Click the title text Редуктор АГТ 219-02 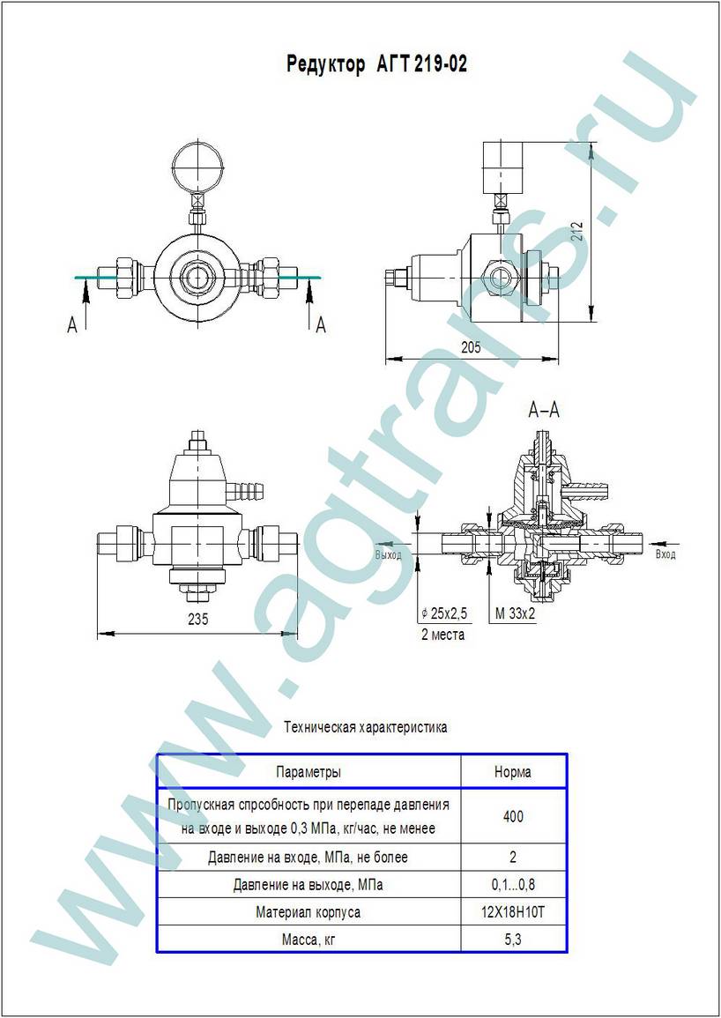point(376,65)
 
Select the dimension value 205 point(471,347)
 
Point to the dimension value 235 point(197,620)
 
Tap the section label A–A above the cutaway point(545,411)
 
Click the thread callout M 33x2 point(515,613)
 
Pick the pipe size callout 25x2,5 point(444,613)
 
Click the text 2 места point(443,635)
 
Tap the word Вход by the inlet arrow point(665,554)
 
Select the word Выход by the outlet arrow point(389,555)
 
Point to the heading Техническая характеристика point(366,727)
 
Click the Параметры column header point(308,773)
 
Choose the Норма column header point(512,772)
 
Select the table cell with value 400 point(513,817)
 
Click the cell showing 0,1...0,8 point(513,884)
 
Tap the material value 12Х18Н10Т point(513,912)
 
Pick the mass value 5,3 point(513,939)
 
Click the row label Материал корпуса point(308,912)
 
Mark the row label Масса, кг point(308,940)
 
